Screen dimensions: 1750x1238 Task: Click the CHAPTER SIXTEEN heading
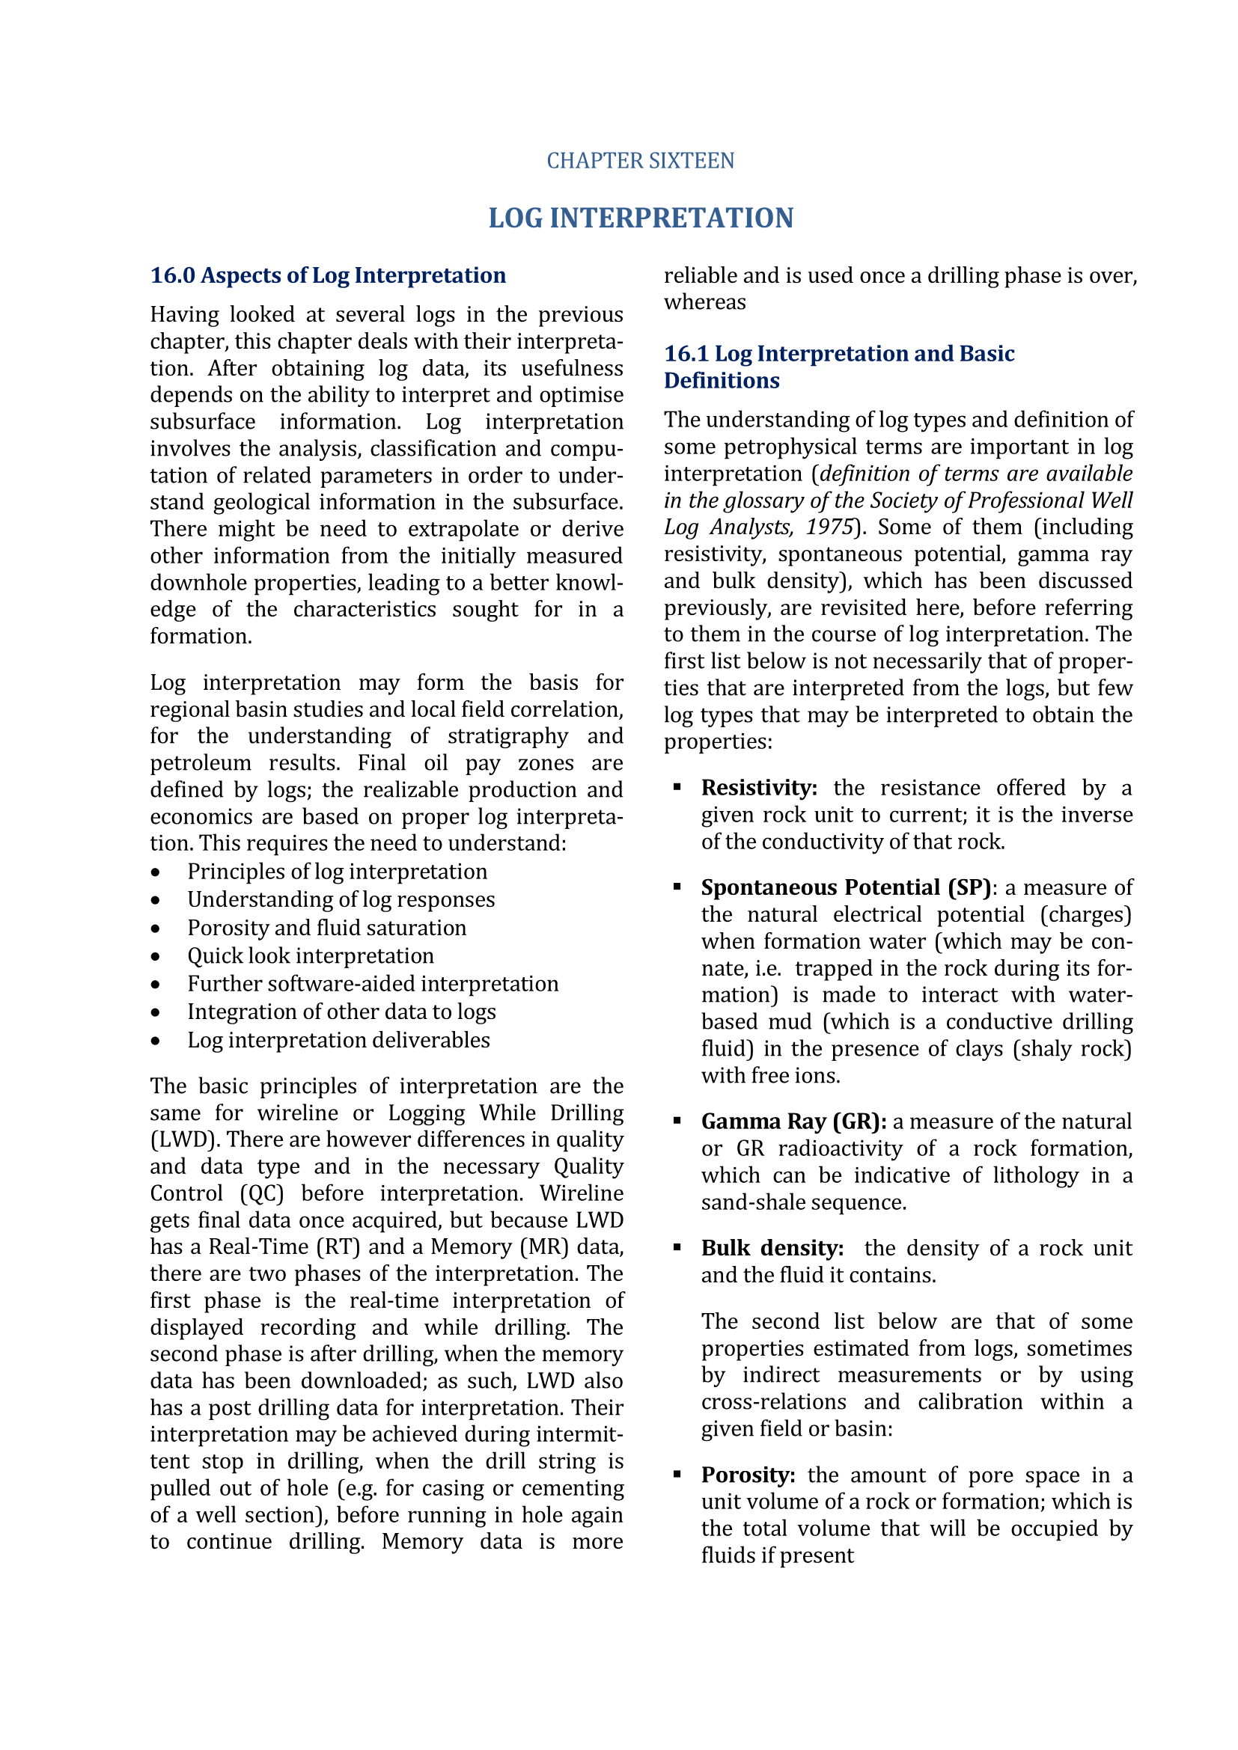pos(641,161)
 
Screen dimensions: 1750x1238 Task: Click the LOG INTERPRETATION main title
pos(641,218)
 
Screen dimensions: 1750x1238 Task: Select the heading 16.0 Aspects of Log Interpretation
pos(328,275)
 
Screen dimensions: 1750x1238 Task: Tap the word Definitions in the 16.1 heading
pos(721,380)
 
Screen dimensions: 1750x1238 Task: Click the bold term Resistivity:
pos(758,787)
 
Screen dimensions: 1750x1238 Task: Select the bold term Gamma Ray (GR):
pos(793,1122)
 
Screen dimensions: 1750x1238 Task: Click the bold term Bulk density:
pos(772,1248)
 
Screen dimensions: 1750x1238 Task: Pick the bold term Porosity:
pos(748,1475)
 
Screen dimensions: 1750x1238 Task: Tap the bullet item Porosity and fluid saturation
pos(326,928)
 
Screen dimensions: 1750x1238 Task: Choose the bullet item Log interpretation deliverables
pos(338,1040)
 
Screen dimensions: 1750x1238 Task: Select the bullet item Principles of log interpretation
pos(337,871)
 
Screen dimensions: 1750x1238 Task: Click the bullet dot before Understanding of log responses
pos(156,900)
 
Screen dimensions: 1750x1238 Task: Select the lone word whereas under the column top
pos(704,302)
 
